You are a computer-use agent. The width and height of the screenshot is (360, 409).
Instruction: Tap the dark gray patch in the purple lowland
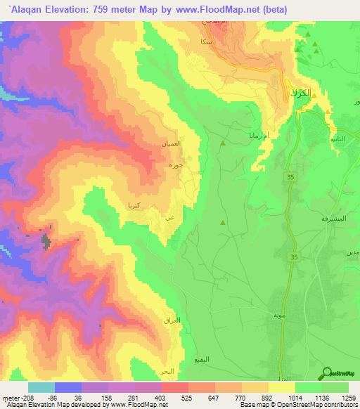pos(47,242)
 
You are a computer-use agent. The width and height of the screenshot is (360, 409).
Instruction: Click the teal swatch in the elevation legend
pos(41,387)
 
